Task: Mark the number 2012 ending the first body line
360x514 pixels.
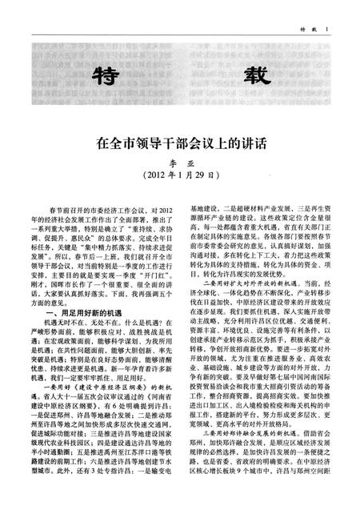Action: [162, 209]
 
